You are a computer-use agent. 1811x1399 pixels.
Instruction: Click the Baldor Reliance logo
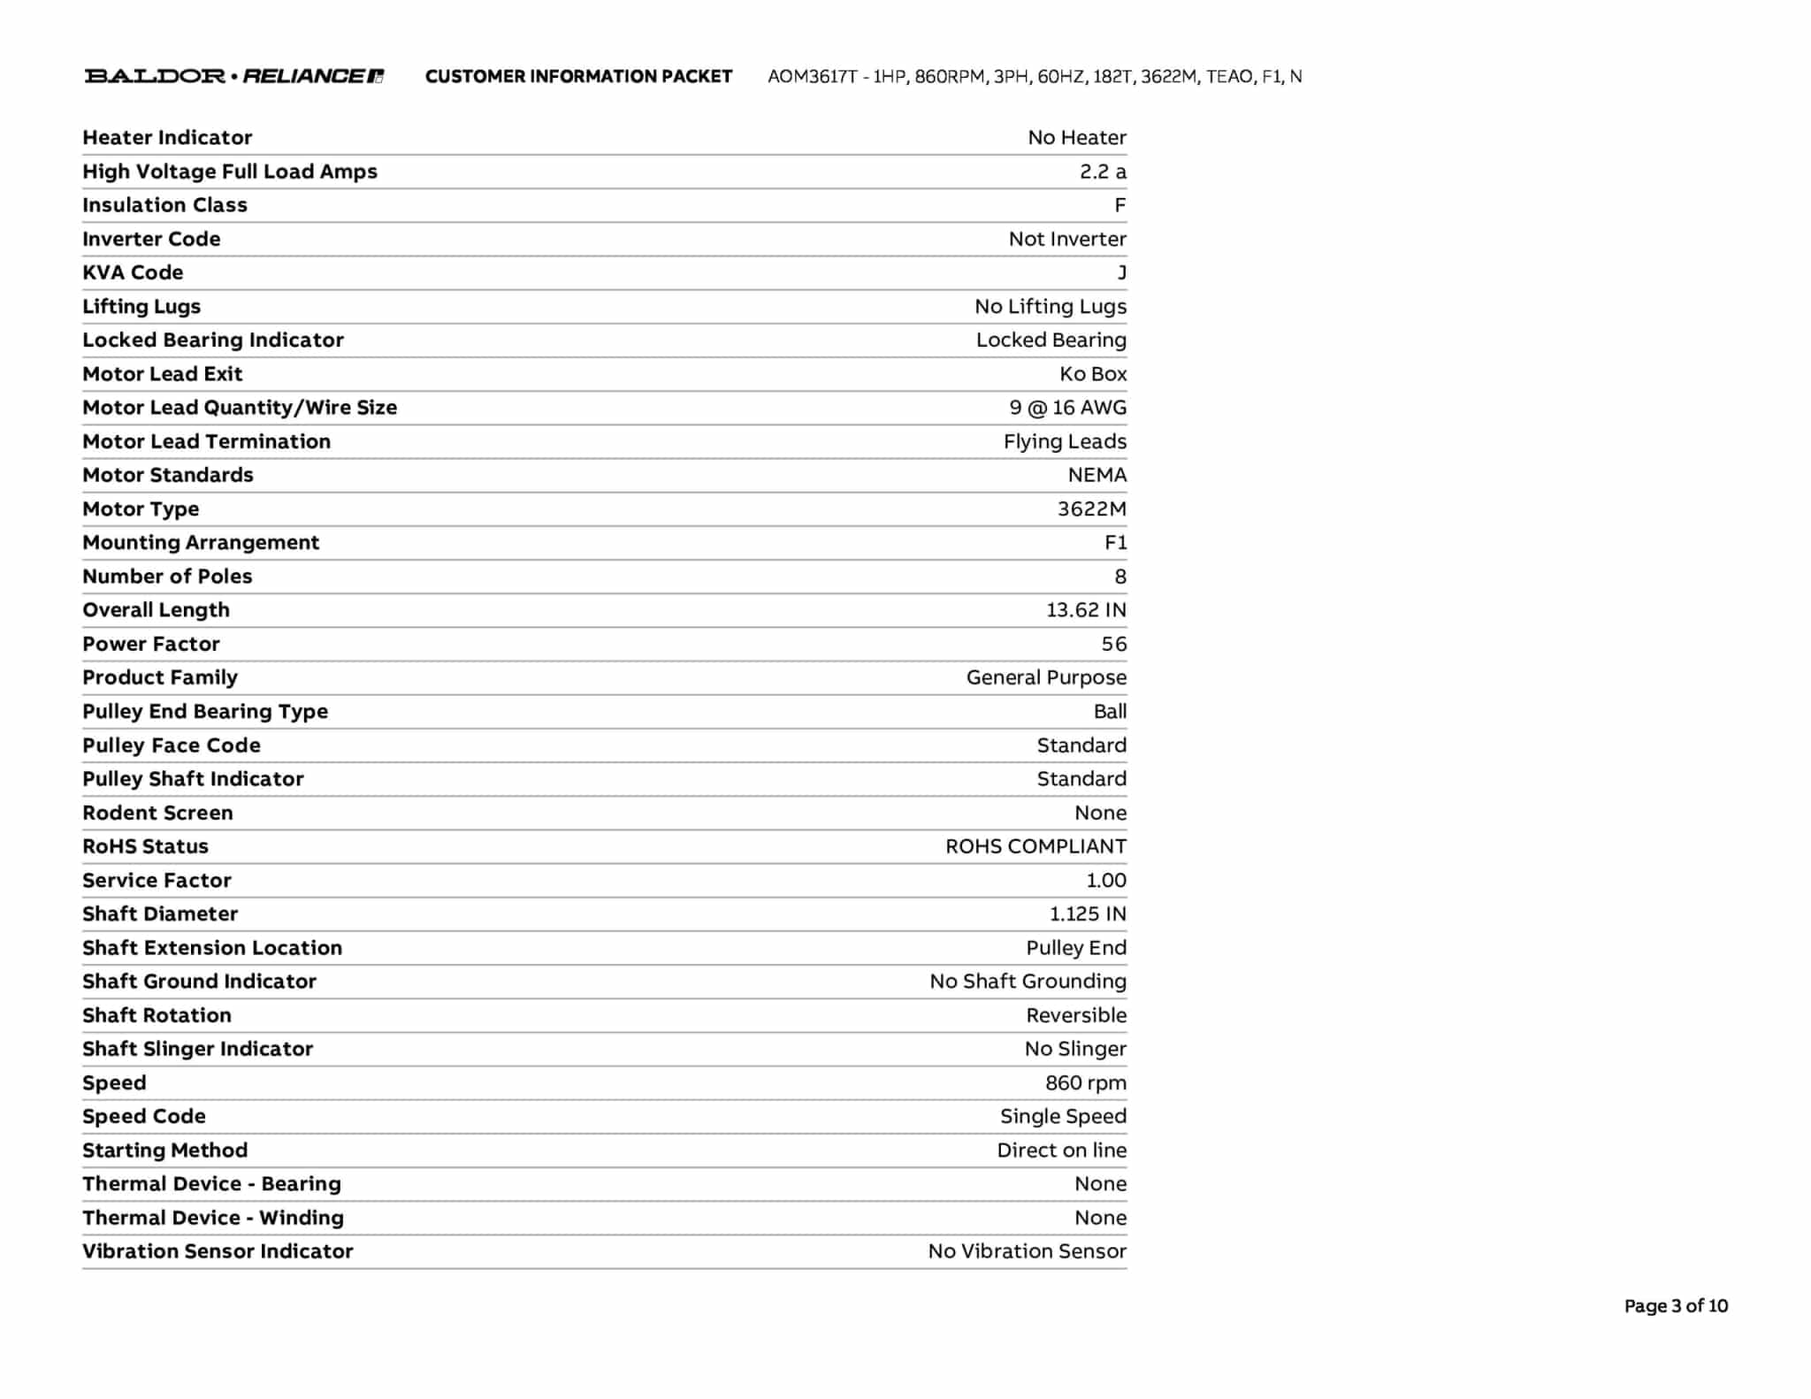point(233,76)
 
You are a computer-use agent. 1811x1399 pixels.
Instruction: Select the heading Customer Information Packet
point(578,77)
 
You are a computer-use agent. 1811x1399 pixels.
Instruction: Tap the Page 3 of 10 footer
point(1675,1306)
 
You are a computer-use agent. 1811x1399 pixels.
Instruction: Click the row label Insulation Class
point(164,205)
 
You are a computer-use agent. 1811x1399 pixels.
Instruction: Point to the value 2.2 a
point(1102,172)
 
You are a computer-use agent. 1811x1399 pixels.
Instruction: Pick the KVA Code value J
point(1121,272)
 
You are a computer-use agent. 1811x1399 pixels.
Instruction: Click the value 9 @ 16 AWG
point(1067,408)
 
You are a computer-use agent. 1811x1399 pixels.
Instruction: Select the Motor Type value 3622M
point(1091,509)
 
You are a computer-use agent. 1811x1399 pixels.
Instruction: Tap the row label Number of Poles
point(167,577)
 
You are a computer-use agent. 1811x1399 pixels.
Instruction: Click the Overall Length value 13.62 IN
point(1086,610)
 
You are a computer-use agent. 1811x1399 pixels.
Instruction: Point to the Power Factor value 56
point(1113,644)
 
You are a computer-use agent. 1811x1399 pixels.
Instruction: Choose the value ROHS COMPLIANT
point(1035,846)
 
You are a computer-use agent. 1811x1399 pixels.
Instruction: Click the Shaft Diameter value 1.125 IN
point(1088,914)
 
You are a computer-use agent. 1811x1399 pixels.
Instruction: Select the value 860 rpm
point(1085,1083)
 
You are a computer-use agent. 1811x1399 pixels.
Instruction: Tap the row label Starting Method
point(164,1151)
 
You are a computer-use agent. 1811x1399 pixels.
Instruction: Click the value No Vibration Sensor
point(1027,1251)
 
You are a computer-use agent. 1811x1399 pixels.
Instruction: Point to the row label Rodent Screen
point(157,813)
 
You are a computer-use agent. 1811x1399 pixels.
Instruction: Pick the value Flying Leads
point(1065,441)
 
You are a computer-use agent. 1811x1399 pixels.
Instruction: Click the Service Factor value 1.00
point(1105,881)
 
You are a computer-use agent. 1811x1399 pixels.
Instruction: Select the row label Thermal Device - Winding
point(213,1218)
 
